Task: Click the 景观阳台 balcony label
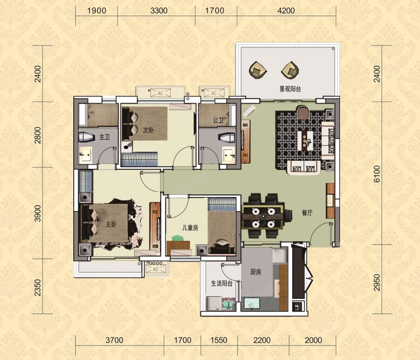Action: point(290,89)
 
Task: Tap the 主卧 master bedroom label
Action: point(111,224)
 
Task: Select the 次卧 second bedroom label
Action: point(148,131)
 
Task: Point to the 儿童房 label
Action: point(190,228)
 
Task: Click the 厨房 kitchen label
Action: point(256,272)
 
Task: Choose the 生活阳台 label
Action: point(222,283)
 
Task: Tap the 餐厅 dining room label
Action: point(307,213)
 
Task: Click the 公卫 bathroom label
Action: point(218,120)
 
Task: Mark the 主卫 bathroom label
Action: point(105,137)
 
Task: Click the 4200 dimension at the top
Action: point(286,11)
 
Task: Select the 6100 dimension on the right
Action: point(377,174)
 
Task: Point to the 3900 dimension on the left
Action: point(38,213)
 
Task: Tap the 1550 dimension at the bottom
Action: point(219,340)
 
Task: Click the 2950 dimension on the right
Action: point(377,283)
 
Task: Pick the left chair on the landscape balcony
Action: point(258,70)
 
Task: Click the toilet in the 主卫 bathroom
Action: point(87,137)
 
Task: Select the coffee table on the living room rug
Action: point(305,140)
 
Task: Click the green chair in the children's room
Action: point(177,238)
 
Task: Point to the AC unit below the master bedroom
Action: point(155,269)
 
